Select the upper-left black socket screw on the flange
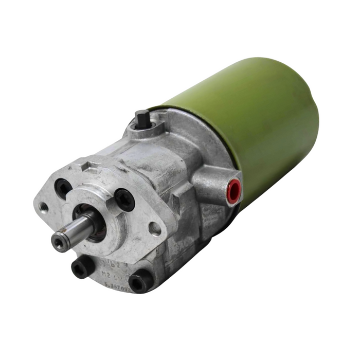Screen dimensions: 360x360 point(63,188)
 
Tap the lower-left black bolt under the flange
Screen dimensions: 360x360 point(82,266)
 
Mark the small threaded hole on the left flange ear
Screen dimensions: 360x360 point(44,208)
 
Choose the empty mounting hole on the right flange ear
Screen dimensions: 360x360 point(154,228)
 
